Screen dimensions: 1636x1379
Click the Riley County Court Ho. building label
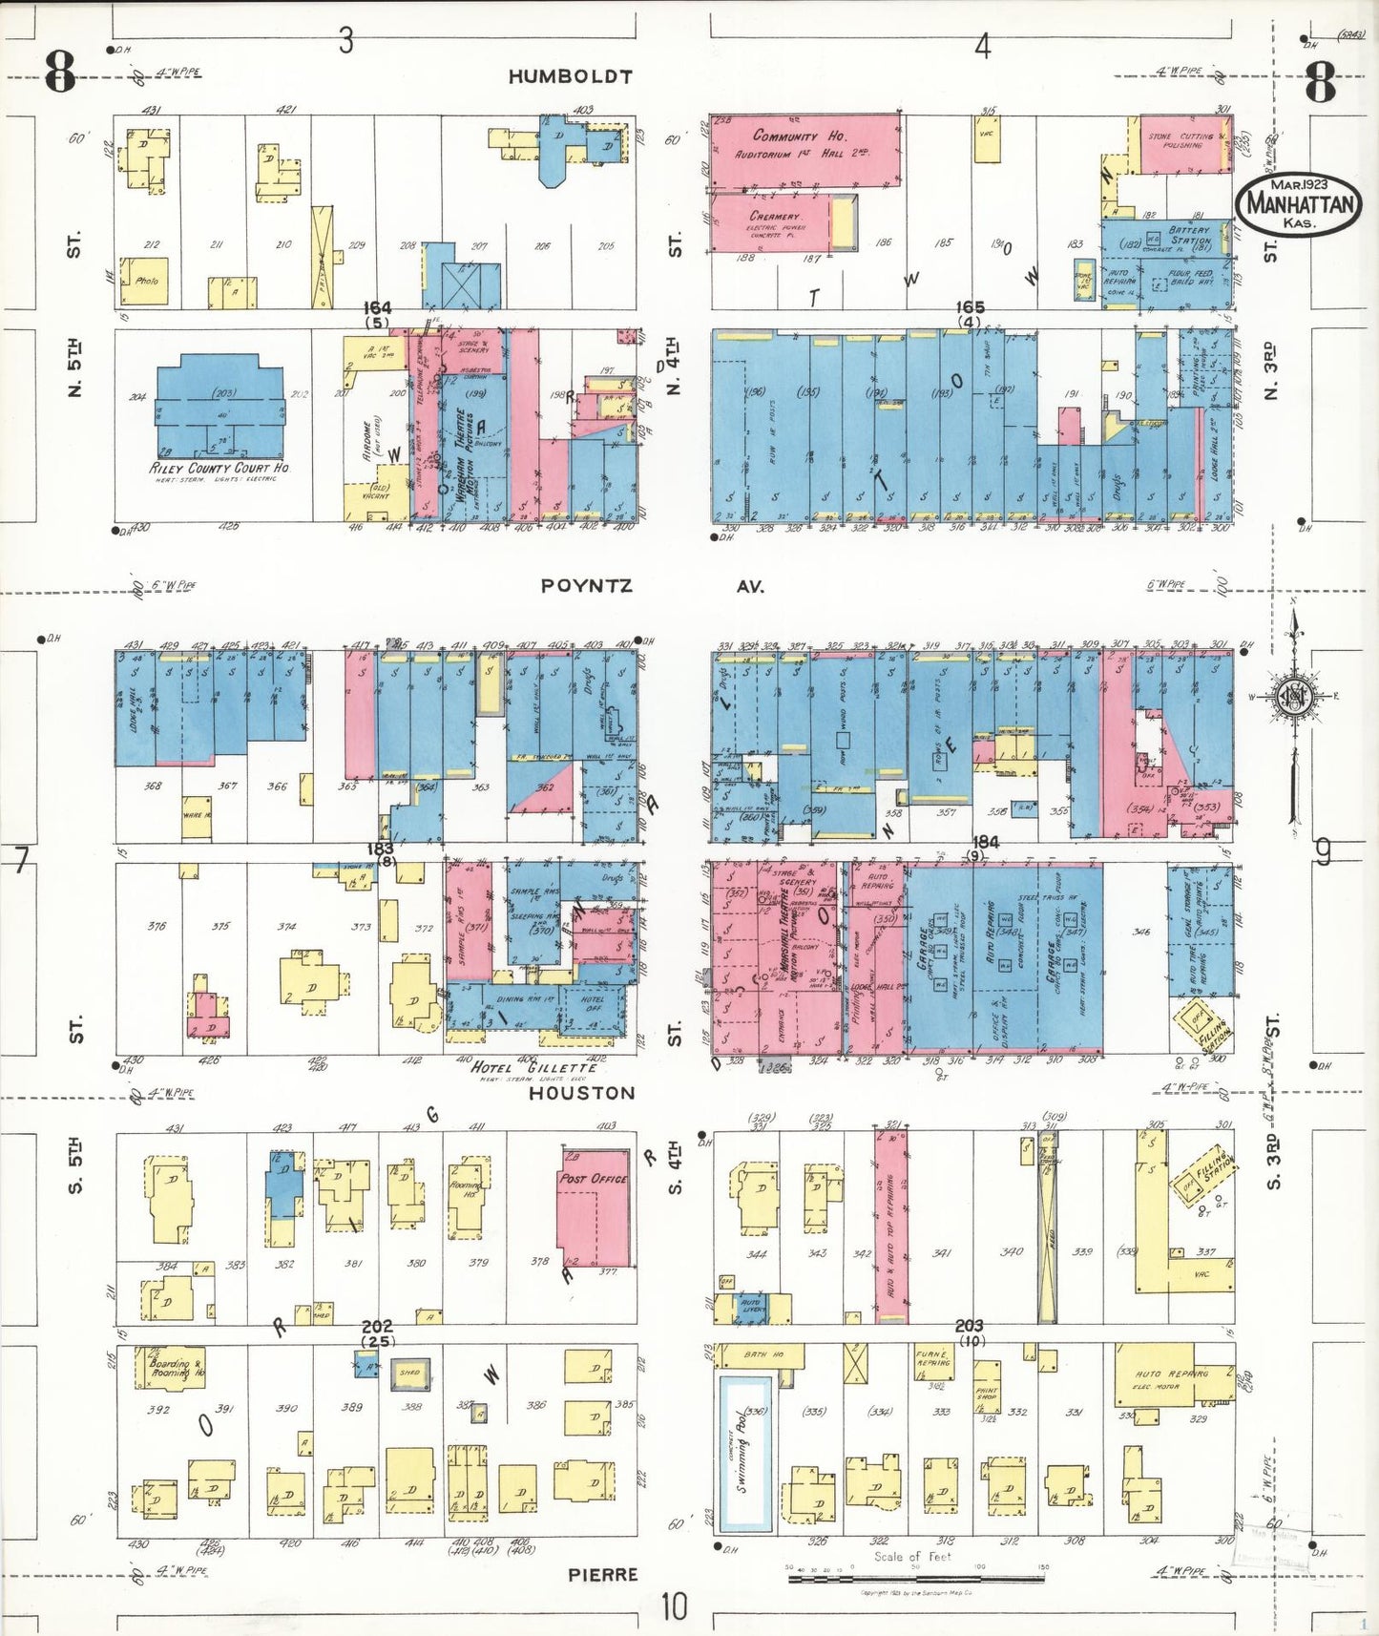[x=219, y=469]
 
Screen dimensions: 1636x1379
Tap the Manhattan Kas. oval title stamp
[x=1299, y=203]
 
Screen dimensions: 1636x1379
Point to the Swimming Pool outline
[x=745, y=1450]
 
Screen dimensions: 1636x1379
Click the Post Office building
[x=594, y=1207]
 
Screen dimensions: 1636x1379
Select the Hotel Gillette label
[x=533, y=1067]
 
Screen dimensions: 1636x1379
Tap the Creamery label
[x=774, y=217]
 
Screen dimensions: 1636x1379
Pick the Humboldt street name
[x=570, y=76]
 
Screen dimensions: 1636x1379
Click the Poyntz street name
[x=586, y=585]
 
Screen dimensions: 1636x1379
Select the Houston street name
[x=581, y=1093]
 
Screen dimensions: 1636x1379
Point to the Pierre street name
[x=602, y=1575]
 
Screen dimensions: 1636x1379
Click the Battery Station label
[x=1189, y=236]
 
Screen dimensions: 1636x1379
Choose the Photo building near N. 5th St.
[x=145, y=282]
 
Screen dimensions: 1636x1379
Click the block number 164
[x=377, y=307]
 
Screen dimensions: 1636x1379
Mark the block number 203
[x=969, y=1326]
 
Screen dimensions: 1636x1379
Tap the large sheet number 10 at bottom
[x=673, y=1606]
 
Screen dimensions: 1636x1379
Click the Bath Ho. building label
[x=763, y=1354]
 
